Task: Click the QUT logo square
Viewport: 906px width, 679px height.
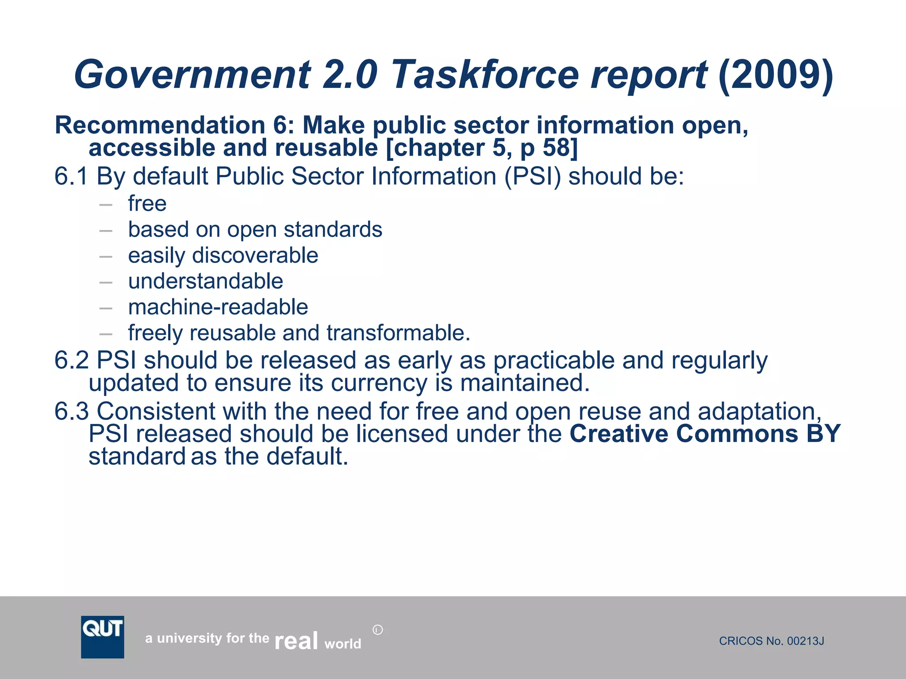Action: click(x=103, y=637)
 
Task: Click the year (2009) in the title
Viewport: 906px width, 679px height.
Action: click(x=775, y=74)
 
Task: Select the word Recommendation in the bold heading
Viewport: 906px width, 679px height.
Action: click(x=160, y=125)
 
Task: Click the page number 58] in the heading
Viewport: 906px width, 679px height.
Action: click(x=560, y=148)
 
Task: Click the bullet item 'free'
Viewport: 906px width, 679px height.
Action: click(x=147, y=204)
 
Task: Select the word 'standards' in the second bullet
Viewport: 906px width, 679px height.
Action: click(x=333, y=229)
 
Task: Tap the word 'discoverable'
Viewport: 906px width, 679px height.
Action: click(x=255, y=256)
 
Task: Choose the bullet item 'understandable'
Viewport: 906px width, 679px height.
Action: click(x=206, y=281)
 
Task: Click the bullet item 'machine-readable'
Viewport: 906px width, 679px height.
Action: click(x=218, y=307)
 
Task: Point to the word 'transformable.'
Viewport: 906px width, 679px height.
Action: click(x=398, y=333)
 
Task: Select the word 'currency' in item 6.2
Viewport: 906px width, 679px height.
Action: click(x=379, y=383)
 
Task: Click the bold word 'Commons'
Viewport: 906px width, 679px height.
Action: click(x=737, y=434)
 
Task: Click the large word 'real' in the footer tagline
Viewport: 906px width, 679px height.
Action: click(x=296, y=641)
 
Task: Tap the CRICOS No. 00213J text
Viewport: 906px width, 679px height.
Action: click(x=771, y=641)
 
